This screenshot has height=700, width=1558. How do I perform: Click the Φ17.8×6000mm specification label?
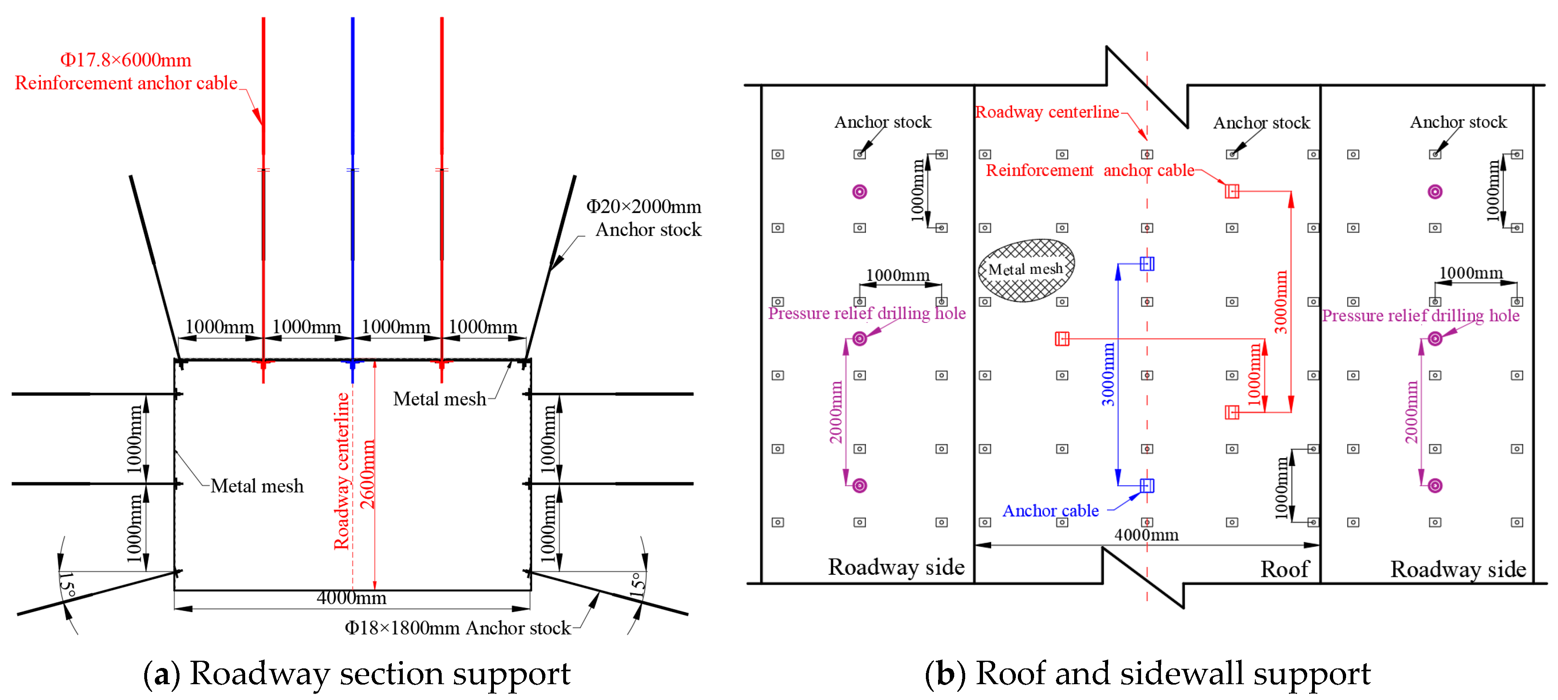(125, 60)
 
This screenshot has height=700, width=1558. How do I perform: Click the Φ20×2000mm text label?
(643, 207)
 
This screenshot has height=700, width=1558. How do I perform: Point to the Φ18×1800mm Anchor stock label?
(457, 628)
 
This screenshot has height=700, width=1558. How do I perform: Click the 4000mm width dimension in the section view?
(351, 598)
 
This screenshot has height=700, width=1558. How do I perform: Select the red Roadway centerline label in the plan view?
(1047, 113)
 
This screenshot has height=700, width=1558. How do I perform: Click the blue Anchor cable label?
(1051, 511)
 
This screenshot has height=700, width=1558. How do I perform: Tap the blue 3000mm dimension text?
(1108, 375)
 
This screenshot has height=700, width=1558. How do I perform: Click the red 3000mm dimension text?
(1281, 302)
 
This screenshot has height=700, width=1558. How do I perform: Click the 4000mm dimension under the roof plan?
(1146, 535)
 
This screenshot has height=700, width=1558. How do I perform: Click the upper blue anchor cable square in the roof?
(1147, 264)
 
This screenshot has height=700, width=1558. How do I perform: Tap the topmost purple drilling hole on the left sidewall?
(859, 192)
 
